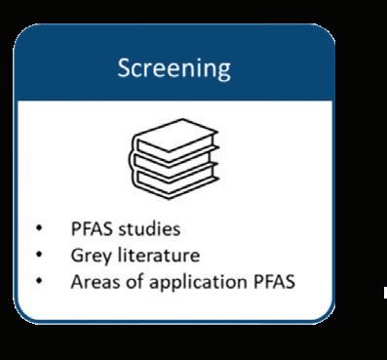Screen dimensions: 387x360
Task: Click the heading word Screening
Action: tap(174, 69)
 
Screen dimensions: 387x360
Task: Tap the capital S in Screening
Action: tap(124, 67)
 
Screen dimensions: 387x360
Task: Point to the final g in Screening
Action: tap(224, 71)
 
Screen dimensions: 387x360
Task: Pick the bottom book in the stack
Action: tap(175, 180)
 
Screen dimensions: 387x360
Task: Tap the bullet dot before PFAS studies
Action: tap(39, 228)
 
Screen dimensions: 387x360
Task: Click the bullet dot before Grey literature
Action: tap(39, 255)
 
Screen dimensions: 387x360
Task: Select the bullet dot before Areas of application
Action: tap(39, 281)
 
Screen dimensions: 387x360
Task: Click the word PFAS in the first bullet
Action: tap(92, 229)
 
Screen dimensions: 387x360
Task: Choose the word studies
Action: tap(149, 229)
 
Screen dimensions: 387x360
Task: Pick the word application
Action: tap(198, 282)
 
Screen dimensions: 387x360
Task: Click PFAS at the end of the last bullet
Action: tap(274, 282)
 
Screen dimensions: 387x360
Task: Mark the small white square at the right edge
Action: tap(385, 293)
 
